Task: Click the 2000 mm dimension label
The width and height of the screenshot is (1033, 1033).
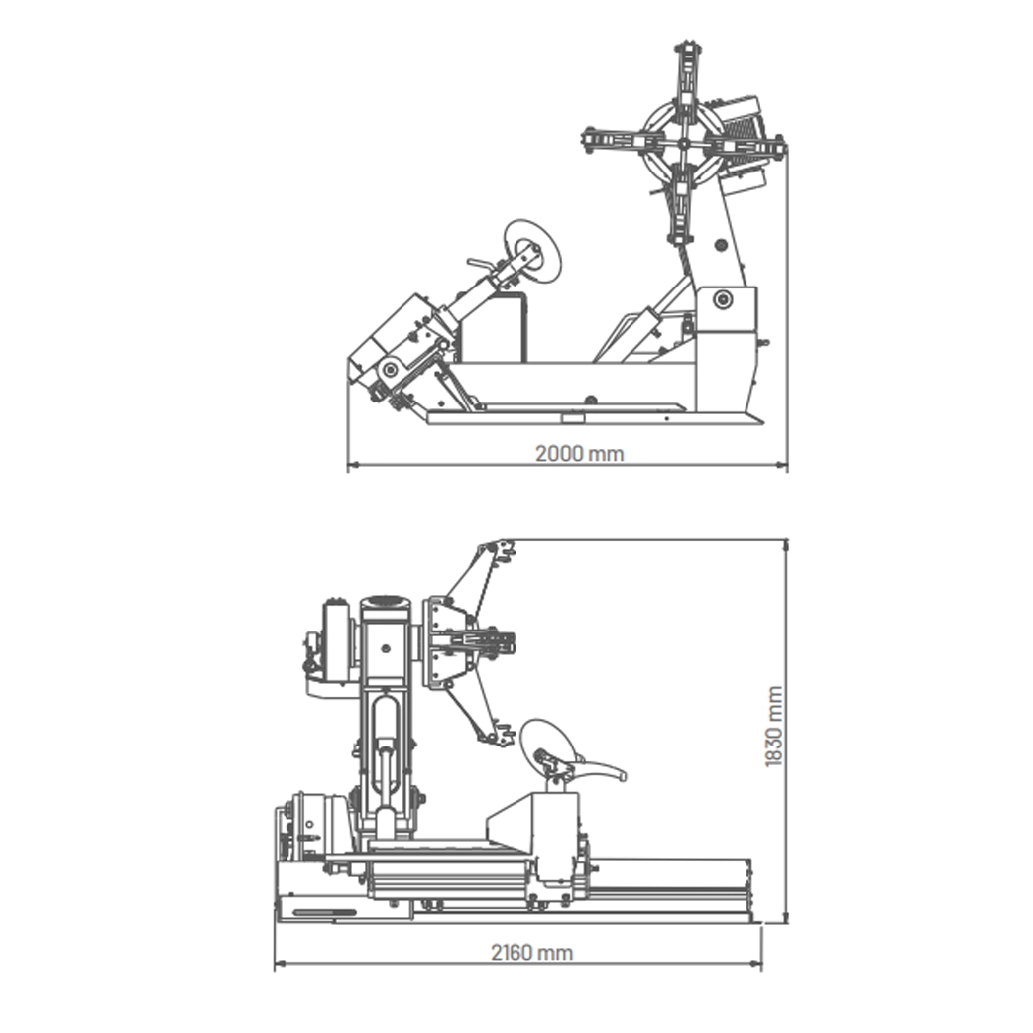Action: point(579,454)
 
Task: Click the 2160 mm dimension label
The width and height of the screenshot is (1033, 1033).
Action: point(531,953)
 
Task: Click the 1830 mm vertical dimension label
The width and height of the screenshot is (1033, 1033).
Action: point(774,727)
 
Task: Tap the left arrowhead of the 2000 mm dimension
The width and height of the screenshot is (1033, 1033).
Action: point(353,465)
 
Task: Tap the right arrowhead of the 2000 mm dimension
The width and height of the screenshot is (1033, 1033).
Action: point(782,465)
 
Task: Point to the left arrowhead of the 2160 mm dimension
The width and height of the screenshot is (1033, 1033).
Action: point(280,964)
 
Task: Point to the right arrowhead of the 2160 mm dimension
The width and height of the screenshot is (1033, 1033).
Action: point(755,964)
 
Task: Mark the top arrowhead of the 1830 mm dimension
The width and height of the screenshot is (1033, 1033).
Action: point(786,545)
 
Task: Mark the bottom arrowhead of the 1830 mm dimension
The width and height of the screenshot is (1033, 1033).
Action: point(786,917)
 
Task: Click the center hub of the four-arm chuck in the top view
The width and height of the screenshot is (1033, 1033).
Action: point(684,144)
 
